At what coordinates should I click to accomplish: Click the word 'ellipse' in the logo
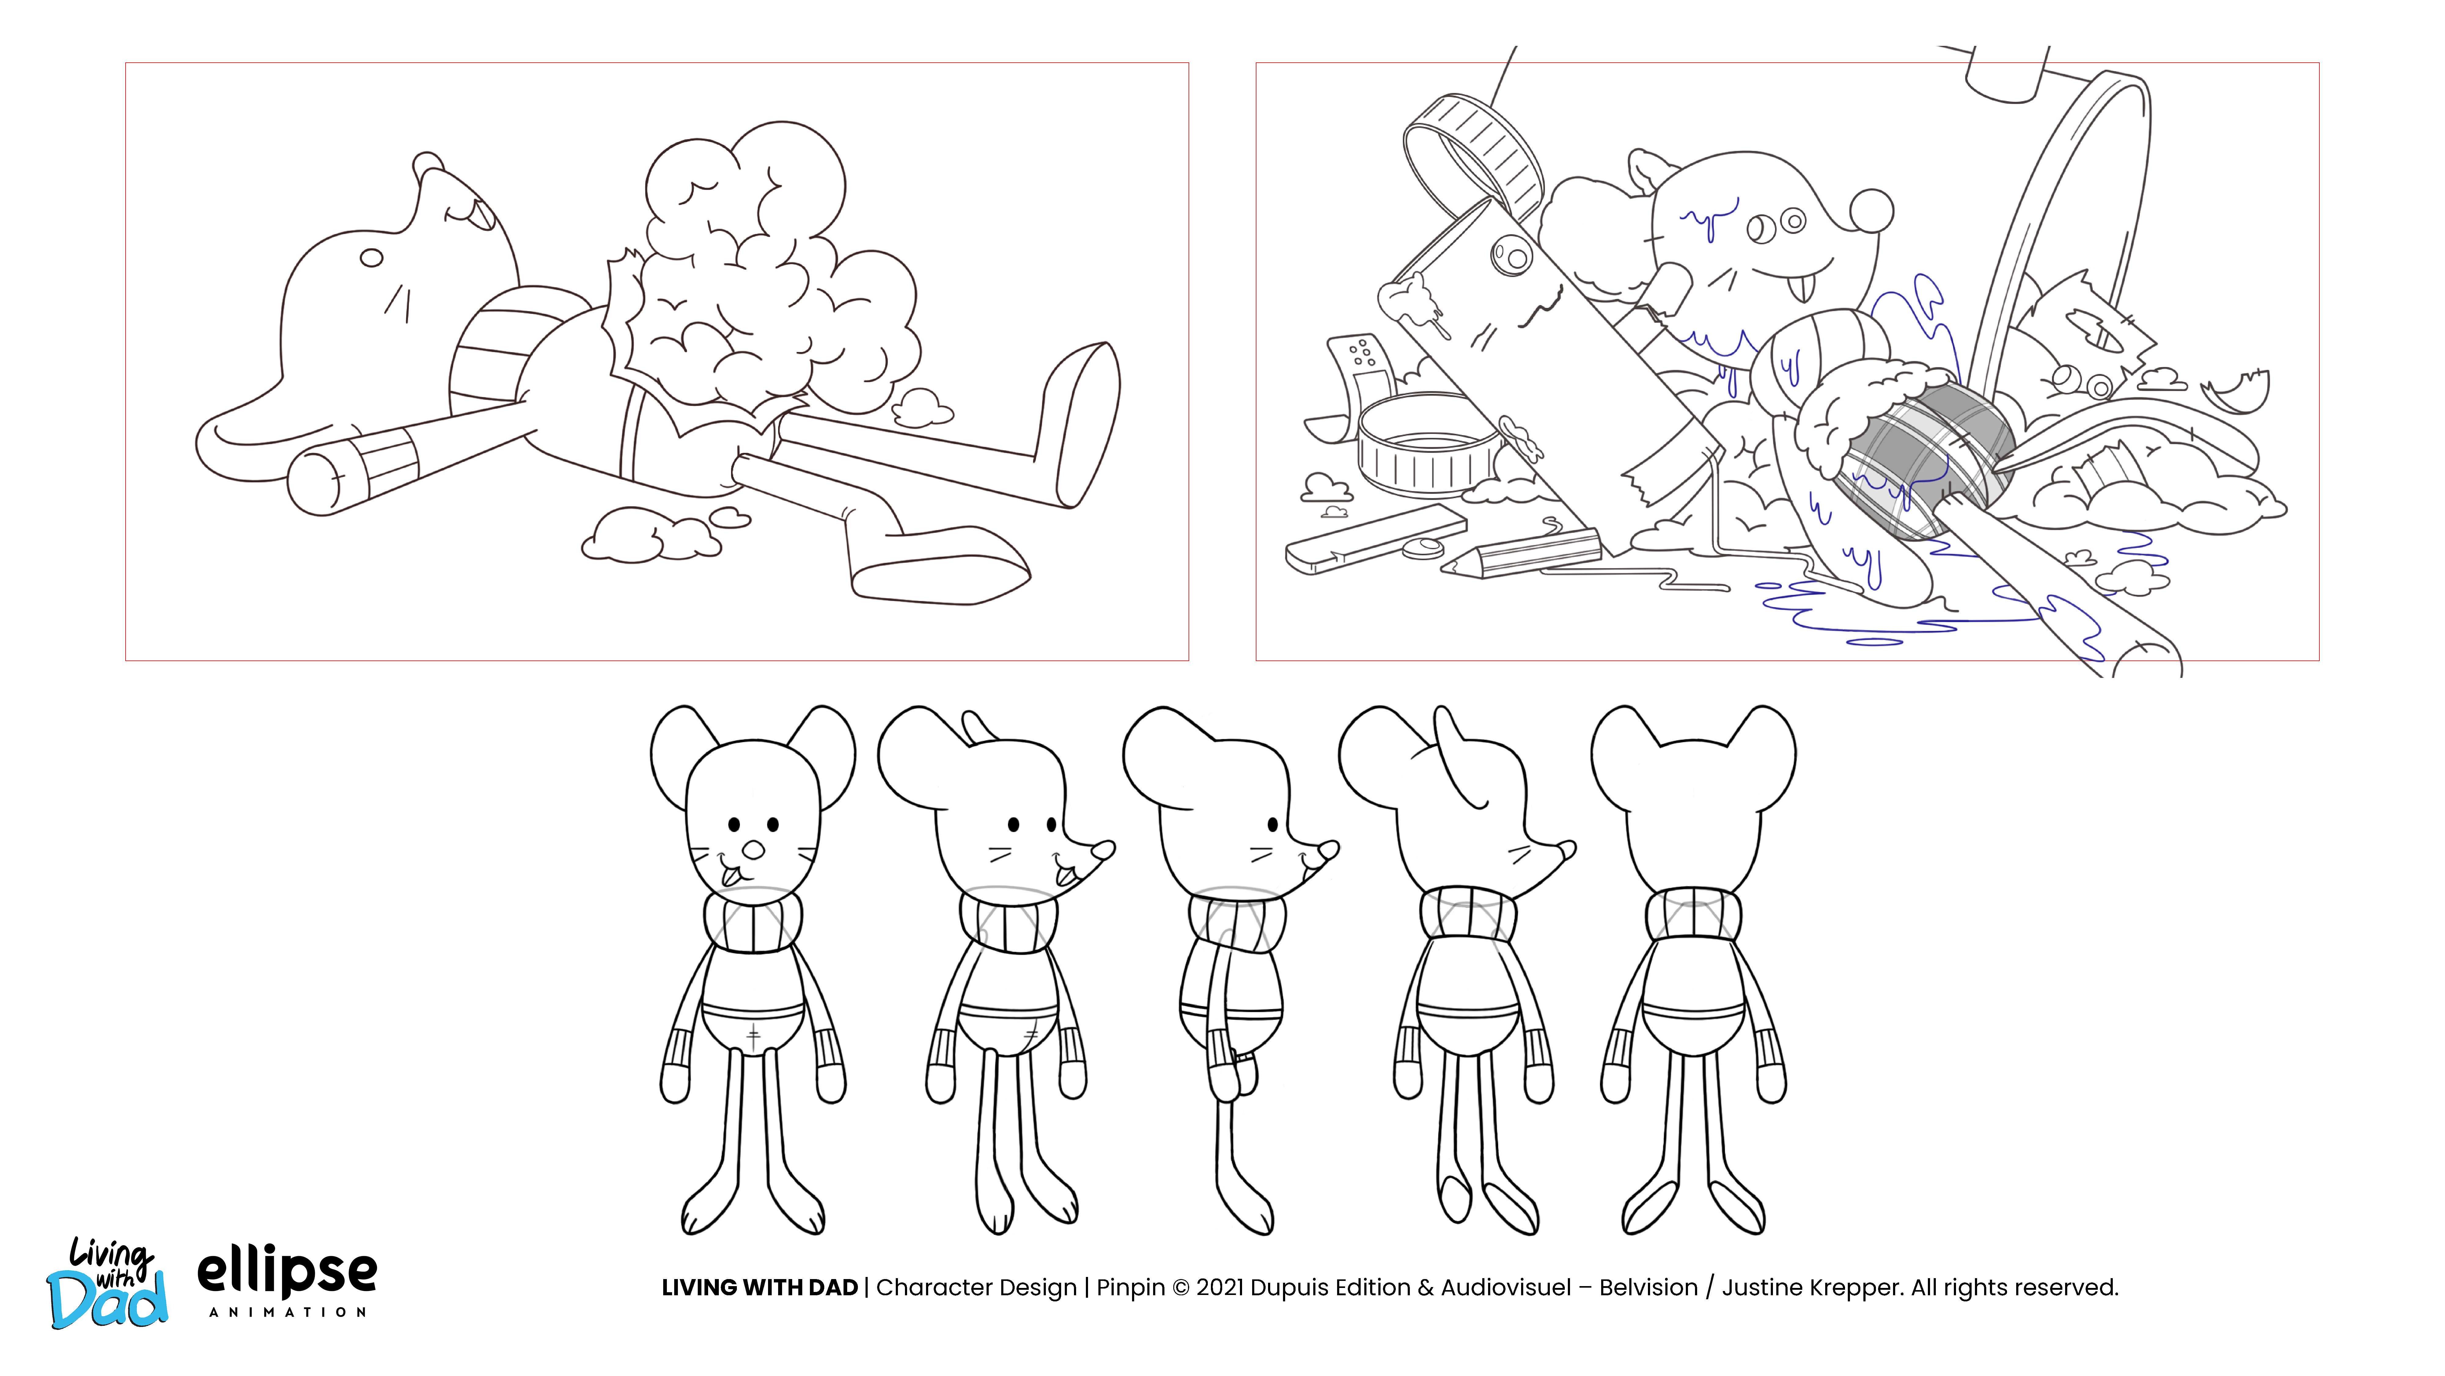287,1274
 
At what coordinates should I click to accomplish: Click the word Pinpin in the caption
1131,1288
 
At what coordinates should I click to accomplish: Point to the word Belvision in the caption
1649,1288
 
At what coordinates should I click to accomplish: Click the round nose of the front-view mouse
753,849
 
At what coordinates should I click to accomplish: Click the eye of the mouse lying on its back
371,257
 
